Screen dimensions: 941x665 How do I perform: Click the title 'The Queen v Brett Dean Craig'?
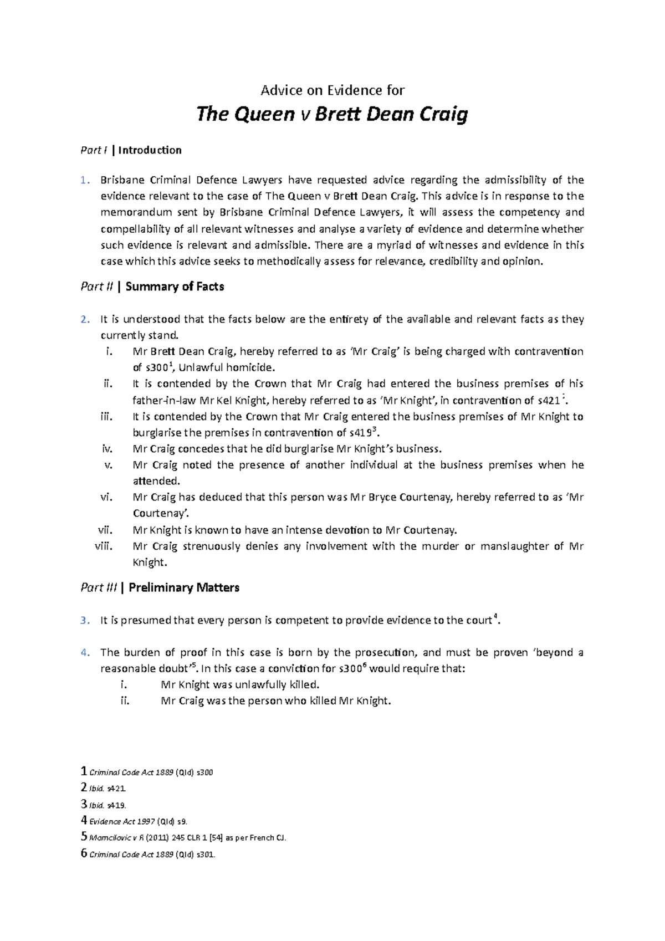click(332, 114)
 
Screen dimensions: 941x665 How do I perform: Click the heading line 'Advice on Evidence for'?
click(332, 90)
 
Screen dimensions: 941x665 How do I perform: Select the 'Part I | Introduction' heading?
click(131, 150)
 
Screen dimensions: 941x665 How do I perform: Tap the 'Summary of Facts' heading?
click(175, 287)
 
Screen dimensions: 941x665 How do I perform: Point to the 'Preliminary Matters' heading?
click(183, 587)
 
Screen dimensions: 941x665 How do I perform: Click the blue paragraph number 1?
click(84, 180)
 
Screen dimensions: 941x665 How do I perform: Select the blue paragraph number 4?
click(84, 652)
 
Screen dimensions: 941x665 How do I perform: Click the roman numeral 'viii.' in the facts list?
click(104, 546)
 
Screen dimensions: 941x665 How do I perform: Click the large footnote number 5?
click(84, 837)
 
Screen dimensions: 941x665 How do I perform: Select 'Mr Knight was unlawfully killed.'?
click(240, 684)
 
